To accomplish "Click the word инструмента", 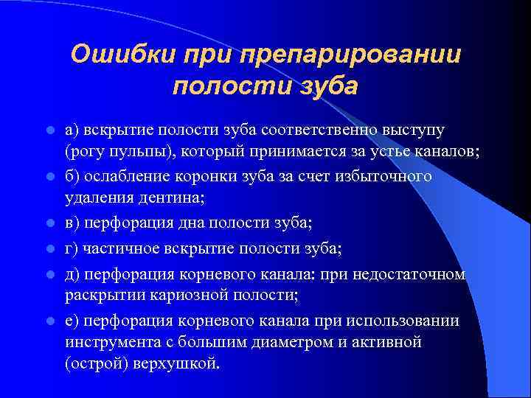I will (x=108, y=342).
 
